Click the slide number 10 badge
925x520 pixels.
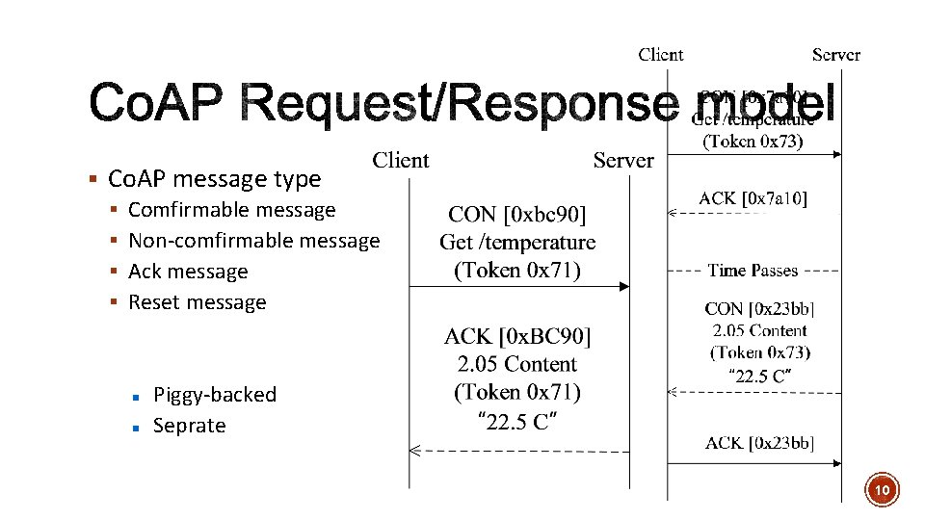pyautogui.click(x=882, y=490)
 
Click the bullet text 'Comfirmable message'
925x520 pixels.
pyautogui.click(x=231, y=210)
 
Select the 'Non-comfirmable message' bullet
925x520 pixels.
pyautogui.click(x=253, y=241)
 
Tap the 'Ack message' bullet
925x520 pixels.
pyautogui.click(x=188, y=272)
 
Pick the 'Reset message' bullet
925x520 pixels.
pyautogui.click(x=197, y=302)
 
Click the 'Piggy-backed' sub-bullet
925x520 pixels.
pyautogui.click(x=214, y=395)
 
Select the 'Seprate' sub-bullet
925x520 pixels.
pyautogui.click(x=189, y=426)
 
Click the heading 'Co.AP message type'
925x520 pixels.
pyautogui.click(x=214, y=179)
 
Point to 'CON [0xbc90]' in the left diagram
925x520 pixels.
pyautogui.click(x=517, y=215)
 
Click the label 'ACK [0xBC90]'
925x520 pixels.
pyautogui.click(x=517, y=336)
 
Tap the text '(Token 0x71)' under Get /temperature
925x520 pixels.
pyautogui.click(x=517, y=270)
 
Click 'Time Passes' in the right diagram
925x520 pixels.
pyautogui.click(x=753, y=271)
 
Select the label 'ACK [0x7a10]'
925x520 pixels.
pyautogui.click(x=753, y=198)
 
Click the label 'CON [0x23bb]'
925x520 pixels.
pyautogui.click(x=758, y=309)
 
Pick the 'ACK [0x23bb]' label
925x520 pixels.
pyautogui.click(x=758, y=443)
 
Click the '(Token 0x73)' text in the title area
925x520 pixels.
pyautogui.click(x=753, y=142)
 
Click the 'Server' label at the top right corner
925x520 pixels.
pyautogui.click(x=835, y=55)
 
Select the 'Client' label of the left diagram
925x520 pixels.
pyautogui.click(x=401, y=160)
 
